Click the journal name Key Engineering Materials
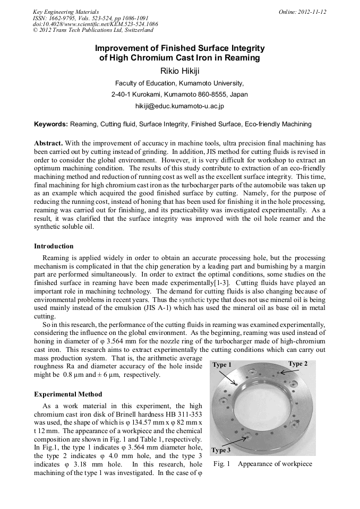66,11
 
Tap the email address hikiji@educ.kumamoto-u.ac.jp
179,106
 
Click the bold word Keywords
50,124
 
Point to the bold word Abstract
48,144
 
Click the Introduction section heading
54,246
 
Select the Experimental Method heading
68,394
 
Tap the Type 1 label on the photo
222,365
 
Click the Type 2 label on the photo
298,364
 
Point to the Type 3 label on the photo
221,450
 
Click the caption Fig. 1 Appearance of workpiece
263,464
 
